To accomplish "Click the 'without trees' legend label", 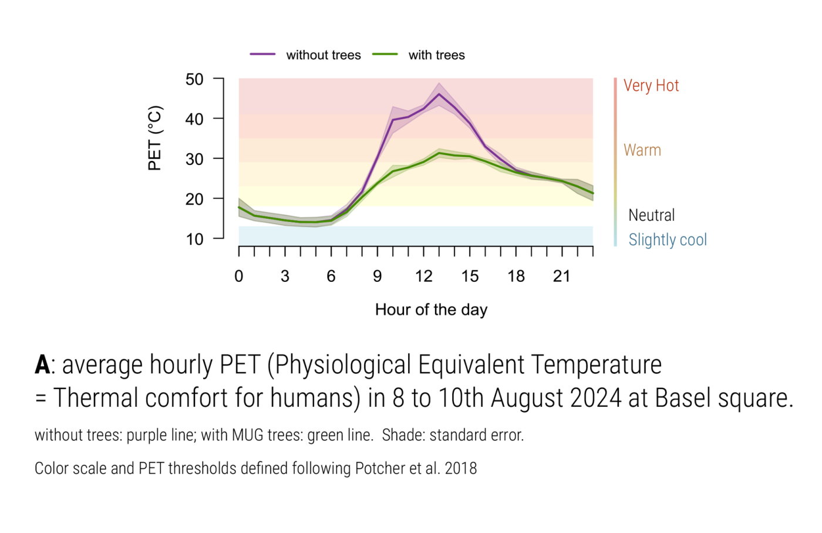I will tap(323, 55).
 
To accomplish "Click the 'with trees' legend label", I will tap(436, 55).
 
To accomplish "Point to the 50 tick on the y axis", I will tap(194, 79).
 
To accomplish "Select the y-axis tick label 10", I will tap(194, 239).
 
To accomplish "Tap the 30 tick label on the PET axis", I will tap(194, 159).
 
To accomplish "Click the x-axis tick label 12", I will tap(423, 276).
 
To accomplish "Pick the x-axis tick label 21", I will tap(562, 276).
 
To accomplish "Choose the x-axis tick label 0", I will tap(239, 276).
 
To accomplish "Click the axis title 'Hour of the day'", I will tap(431, 310).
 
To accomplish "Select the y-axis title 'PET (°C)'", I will tap(154, 139).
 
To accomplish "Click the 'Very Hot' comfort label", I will tap(651, 86).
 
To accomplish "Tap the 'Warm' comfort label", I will tap(642, 150).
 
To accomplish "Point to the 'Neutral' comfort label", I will tap(651, 215).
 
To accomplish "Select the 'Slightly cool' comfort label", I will tap(667, 240).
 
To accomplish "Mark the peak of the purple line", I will tap(439, 94).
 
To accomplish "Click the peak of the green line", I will tap(439, 153).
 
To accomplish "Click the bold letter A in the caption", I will tap(42, 365).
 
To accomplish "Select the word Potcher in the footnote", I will tap(378, 468).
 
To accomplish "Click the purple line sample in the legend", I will tap(262, 54).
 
